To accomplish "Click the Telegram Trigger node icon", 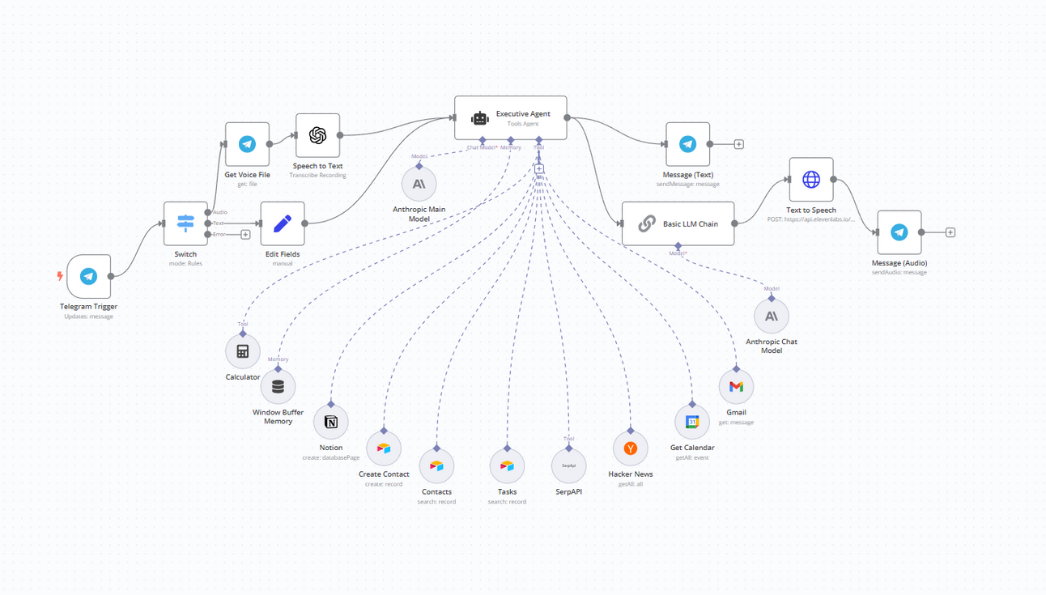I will (x=89, y=277).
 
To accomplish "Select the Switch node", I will (x=185, y=223).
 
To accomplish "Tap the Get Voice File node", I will (x=247, y=145).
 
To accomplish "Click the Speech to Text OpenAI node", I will (x=317, y=136).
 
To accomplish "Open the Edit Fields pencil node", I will (x=283, y=223).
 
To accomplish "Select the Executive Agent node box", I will (x=510, y=118).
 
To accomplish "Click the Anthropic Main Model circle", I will (x=419, y=184).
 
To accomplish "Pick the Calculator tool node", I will (x=242, y=351).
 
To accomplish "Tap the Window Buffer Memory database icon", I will (x=278, y=387).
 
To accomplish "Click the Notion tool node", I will (x=330, y=422).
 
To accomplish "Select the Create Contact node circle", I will (x=384, y=448).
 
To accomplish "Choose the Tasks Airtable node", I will (x=507, y=466).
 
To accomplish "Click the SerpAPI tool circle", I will (x=568, y=466).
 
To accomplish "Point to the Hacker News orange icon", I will (x=630, y=448).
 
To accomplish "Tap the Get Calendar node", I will (x=692, y=422).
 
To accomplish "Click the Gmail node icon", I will (x=736, y=387).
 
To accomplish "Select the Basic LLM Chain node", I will (x=678, y=223).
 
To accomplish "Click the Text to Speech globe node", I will (x=810, y=180).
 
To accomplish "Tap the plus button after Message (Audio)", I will (x=950, y=232).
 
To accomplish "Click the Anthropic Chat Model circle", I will (x=771, y=317).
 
